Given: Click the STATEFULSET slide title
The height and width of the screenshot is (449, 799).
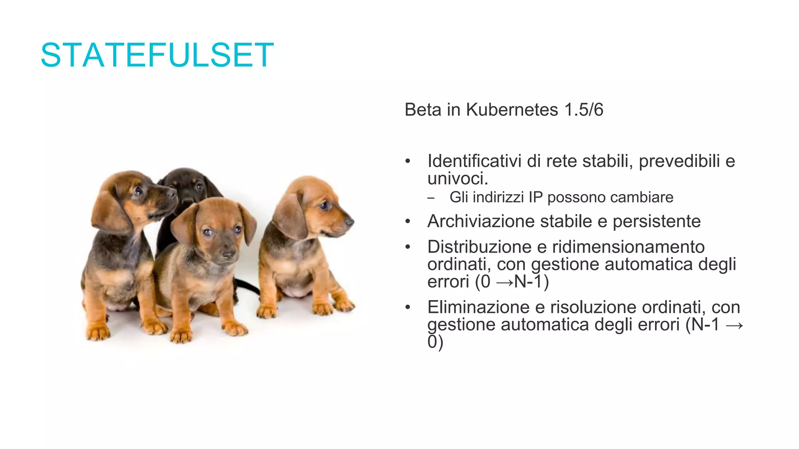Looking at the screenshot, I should (157, 55).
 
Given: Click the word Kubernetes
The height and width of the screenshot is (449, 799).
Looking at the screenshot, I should (512, 110).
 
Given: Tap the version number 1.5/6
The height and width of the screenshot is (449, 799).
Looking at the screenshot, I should (584, 110).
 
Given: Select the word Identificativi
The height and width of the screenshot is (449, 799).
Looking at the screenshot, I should (474, 161).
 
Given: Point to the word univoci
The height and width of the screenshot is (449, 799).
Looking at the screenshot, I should (457, 179).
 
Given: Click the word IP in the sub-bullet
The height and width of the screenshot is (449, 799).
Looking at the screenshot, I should (535, 197).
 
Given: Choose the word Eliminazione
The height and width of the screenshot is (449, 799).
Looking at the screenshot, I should (478, 307).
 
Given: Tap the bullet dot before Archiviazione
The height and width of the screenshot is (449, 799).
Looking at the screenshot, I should (408, 222).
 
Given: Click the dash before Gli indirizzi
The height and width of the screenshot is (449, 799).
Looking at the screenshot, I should (430, 198).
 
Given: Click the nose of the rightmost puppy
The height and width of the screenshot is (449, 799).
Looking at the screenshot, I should (350, 222).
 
